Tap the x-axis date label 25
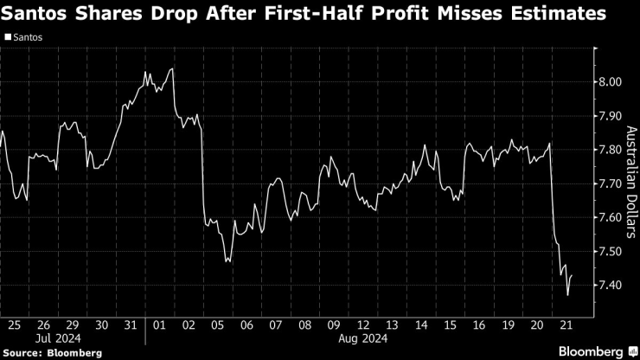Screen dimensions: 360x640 point(13,325)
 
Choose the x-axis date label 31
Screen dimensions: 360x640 point(130,325)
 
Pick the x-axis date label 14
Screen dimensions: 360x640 point(420,325)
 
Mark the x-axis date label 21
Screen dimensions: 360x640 point(566,325)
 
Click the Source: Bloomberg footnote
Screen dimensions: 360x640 point(51,353)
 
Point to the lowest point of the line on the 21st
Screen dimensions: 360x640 point(567,295)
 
